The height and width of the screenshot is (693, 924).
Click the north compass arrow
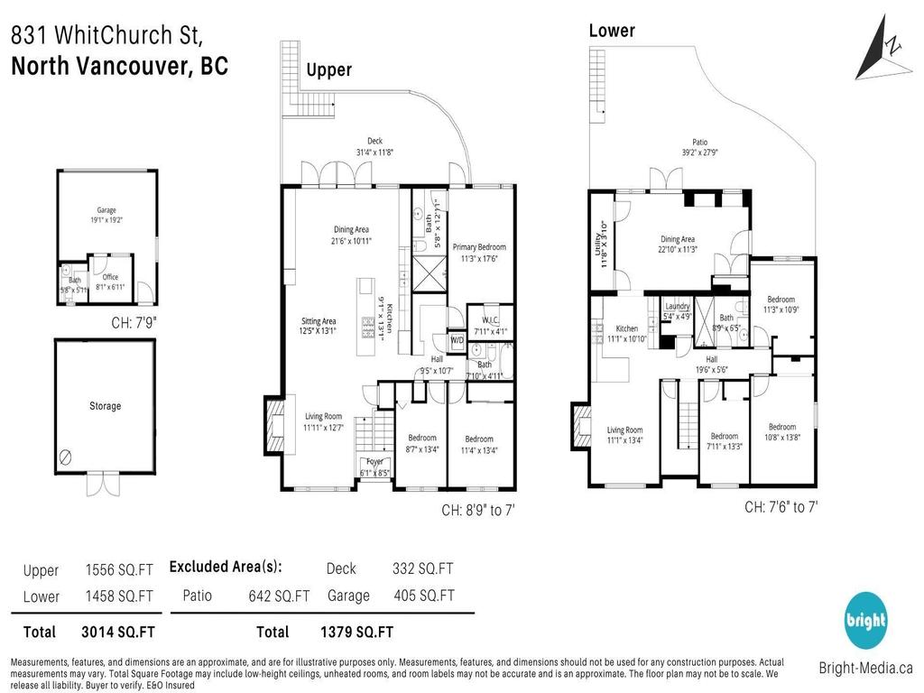click(878, 51)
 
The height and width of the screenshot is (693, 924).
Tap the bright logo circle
click(865, 621)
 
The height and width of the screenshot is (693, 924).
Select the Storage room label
click(105, 406)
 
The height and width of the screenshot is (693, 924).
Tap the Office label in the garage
click(110, 277)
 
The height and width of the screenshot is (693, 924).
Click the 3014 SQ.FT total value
click(119, 632)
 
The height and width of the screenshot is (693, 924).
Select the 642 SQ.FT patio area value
click(279, 596)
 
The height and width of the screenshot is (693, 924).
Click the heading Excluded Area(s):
click(226, 567)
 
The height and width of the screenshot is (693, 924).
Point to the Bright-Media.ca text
click(865, 669)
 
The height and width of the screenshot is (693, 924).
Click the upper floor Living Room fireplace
click(273, 428)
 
